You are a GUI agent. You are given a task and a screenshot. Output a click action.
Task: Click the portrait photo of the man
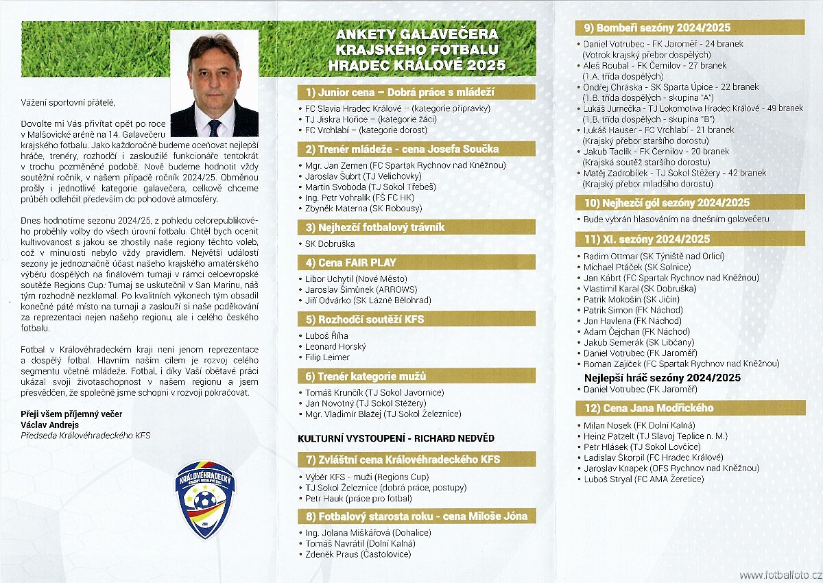click(214, 83)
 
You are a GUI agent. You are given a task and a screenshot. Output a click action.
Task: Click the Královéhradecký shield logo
click(205, 499)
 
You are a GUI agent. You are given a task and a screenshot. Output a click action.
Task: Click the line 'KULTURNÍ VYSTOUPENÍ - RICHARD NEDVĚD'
click(396, 438)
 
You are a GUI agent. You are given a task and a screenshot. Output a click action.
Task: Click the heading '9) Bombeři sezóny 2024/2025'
click(657, 28)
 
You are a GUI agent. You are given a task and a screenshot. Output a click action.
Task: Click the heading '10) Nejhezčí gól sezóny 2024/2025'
click(667, 203)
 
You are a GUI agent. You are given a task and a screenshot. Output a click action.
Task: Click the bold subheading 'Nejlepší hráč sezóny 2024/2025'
click(663, 378)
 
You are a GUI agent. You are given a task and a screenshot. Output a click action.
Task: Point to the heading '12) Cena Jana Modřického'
click(649, 408)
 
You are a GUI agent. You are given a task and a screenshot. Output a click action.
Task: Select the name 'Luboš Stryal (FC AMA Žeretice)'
click(643, 479)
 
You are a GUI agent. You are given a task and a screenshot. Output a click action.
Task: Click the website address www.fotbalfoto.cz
click(780, 575)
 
